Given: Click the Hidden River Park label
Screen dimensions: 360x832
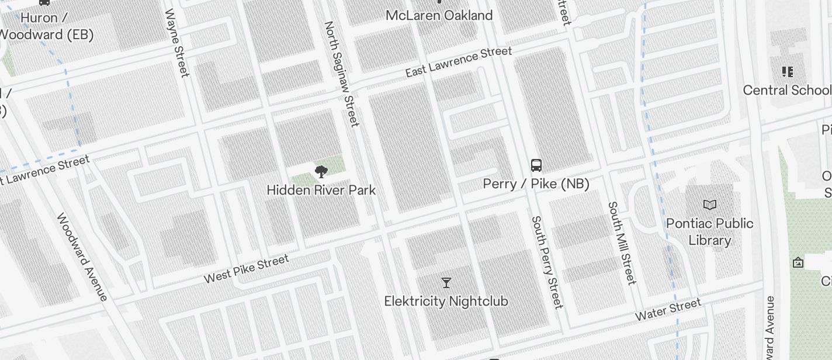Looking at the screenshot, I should pyautogui.click(x=321, y=191).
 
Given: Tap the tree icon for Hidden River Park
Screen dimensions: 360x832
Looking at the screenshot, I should pyautogui.click(x=321, y=172).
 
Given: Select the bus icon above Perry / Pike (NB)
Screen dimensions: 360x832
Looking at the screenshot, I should pyautogui.click(x=536, y=165).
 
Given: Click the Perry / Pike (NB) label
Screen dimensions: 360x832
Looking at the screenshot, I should pyautogui.click(x=536, y=184).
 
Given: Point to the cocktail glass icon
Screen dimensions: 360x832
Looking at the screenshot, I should pyautogui.click(x=446, y=283).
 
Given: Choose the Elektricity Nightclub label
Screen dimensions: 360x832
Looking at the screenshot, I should pyautogui.click(x=446, y=302).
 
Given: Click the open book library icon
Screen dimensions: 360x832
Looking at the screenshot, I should pyautogui.click(x=710, y=205).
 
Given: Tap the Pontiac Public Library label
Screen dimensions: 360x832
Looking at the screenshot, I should pyautogui.click(x=710, y=231).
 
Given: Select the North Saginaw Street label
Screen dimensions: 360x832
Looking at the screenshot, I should pyautogui.click(x=341, y=74).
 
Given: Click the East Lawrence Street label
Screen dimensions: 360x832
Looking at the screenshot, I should pyautogui.click(x=459, y=63).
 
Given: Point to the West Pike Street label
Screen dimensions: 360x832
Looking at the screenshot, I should pyautogui.click(x=246, y=269).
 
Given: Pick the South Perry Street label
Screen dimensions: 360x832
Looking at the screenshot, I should pyautogui.click(x=547, y=262).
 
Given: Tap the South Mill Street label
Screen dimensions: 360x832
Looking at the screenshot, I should pyautogui.click(x=622, y=243).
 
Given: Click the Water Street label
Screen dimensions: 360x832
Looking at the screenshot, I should pyautogui.click(x=668, y=310).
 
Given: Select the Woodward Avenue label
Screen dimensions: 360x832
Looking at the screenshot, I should pyautogui.click(x=82, y=257).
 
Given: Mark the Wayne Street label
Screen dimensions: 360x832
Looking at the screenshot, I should pyautogui.click(x=178, y=43).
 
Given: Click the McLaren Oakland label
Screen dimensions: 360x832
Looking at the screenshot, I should pyautogui.click(x=439, y=15).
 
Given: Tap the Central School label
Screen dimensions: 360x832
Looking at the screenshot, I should pyautogui.click(x=786, y=90).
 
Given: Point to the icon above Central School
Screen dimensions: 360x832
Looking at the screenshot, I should pyautogui.click(x=787, y=72).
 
